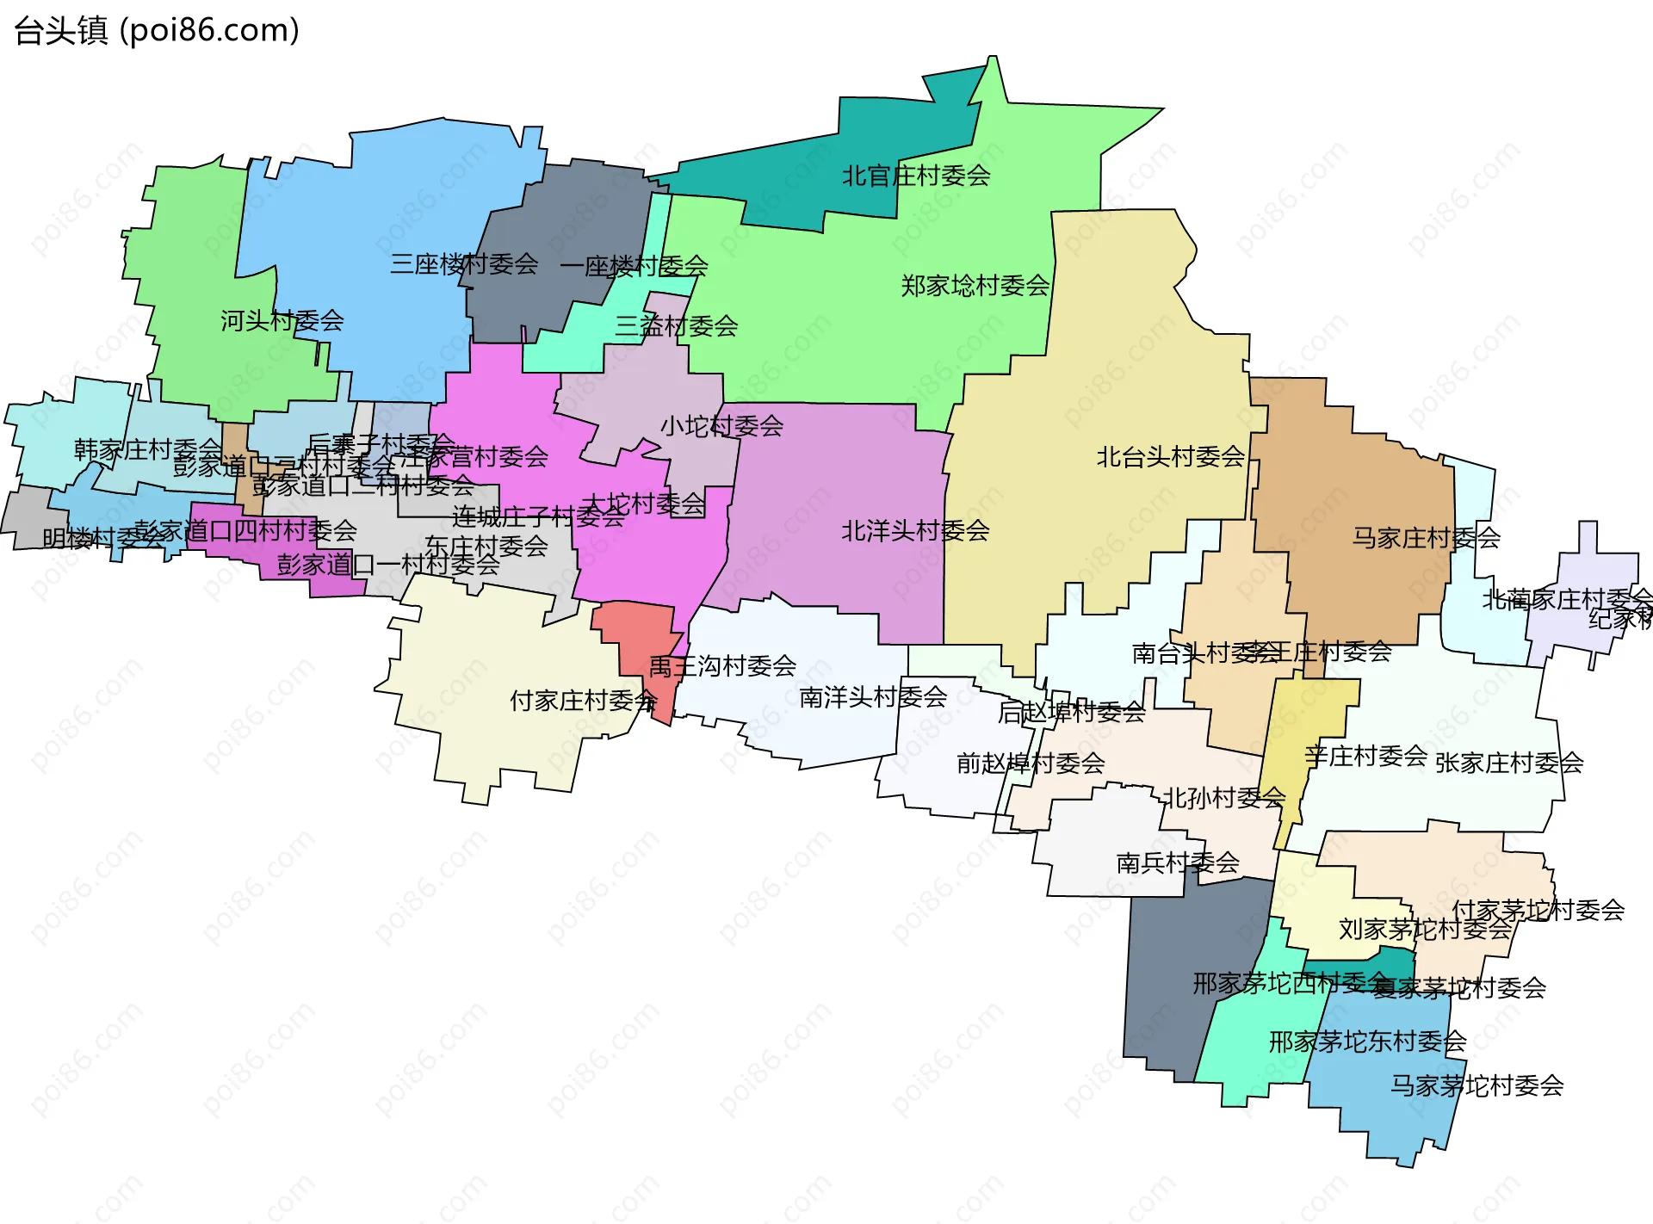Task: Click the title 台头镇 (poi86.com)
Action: tap(157, 30)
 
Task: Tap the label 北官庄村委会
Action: tap(915, 176)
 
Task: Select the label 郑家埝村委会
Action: tap(975, 285)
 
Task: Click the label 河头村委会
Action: tap(282, 320)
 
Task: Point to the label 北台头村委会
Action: tap(1170, 456)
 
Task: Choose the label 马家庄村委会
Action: tap(1426, 538)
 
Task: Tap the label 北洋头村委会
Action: tap(915, 530)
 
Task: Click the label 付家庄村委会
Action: tap(583, 700)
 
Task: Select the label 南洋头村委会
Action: tap(873, 696)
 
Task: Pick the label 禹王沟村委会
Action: tap(722, 665)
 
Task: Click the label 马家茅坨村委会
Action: tap(1477, 1085)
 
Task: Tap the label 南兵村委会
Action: tap(1177, 862)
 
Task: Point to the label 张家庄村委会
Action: tap(1508, 762)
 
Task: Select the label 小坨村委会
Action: tap(721, 425)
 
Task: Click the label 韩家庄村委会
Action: tap(147, 448)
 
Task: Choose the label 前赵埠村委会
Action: tap(1030, 763)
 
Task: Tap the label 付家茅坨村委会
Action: tap(1538, 909)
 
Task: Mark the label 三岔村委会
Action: tap(676, 325)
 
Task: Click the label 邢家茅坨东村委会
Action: tap(1367, 1041)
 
